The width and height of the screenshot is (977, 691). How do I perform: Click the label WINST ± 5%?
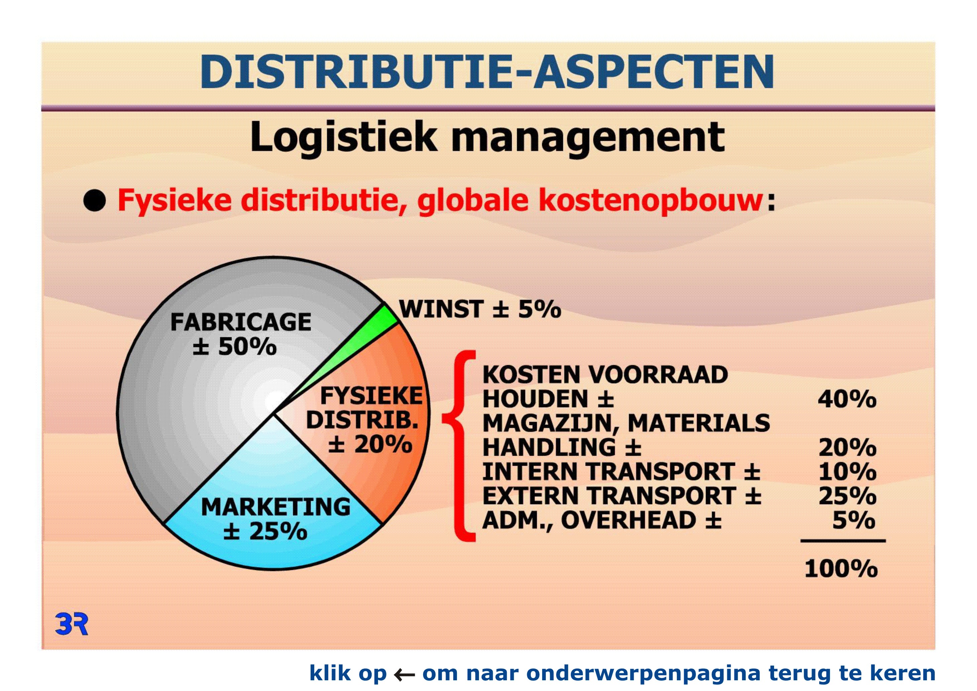480,309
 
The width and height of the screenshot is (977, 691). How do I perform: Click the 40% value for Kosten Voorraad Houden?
847,399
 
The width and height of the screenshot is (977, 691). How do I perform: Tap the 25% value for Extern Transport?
847,496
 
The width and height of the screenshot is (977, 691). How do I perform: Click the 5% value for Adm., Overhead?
854,521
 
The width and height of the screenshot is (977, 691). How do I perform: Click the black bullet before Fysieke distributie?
95,200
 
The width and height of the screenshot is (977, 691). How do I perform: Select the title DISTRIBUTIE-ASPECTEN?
487,72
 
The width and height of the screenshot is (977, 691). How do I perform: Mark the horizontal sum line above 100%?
843,541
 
